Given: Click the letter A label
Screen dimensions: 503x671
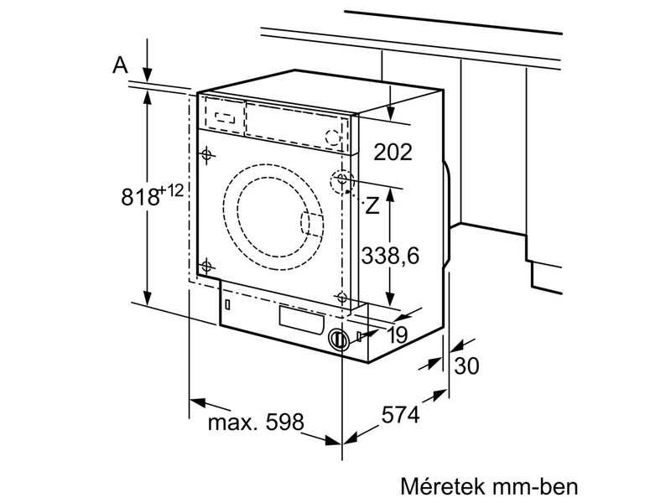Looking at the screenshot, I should point(120,65).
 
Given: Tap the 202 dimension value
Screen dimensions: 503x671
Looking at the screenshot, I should point(393,153).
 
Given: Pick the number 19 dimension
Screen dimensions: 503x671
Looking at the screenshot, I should point(397,334).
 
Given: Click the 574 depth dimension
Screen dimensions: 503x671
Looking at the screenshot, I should point(400,414).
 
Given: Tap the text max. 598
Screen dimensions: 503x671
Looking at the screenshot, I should point(255,422).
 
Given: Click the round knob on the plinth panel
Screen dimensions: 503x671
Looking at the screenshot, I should point(338,340).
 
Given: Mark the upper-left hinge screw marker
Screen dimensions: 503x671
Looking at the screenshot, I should point(206,153).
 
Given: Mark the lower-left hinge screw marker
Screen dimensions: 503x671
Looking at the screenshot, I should point(205,267).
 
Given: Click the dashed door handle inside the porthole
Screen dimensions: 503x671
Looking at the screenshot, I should point(310,224).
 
